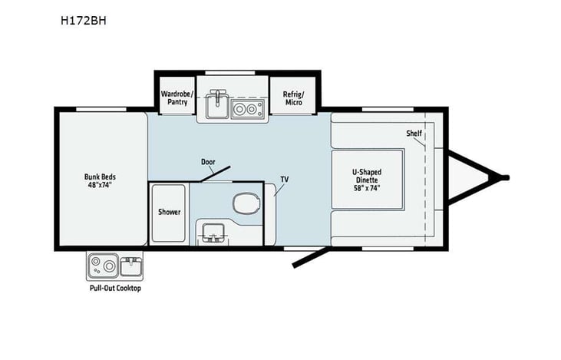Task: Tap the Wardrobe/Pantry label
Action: [175, 98]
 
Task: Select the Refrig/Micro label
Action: [293, 98]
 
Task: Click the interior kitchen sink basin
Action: [216, 108]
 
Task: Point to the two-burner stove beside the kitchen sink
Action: [246, 110]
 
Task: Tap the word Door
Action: [208, 162]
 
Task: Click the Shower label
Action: [169, 212]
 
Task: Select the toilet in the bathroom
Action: [245, 204]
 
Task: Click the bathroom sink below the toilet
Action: [210, 231]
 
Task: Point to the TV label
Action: [284, 179]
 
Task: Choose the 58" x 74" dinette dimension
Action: [366, 187]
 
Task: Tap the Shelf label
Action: [414, 134]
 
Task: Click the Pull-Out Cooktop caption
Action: [115, 289]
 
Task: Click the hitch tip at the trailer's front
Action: [504, 179]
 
